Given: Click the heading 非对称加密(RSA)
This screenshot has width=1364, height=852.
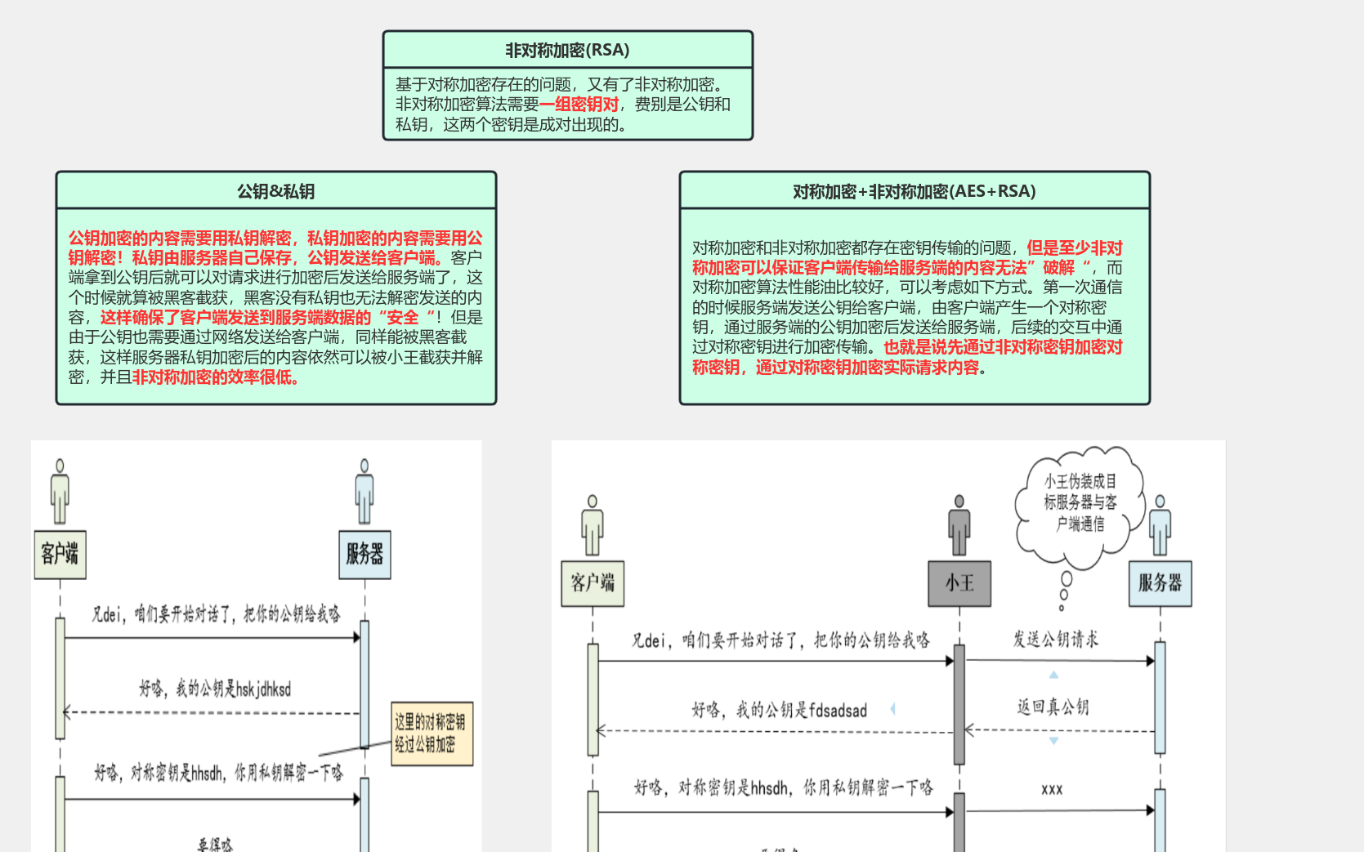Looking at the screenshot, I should coord(567,50).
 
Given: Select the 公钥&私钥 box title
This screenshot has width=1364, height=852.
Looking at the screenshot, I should coord(275,191).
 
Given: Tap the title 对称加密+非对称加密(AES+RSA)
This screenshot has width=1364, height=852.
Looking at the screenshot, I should coord(914,191).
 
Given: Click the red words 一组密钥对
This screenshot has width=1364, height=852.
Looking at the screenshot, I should coord(579,105).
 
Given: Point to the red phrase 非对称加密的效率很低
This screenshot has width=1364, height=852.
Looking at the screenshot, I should coord(216,377).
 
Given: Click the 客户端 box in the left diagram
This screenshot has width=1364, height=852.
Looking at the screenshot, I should coord(60,554).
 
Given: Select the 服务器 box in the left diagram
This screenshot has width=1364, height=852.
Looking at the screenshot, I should coord(364,554).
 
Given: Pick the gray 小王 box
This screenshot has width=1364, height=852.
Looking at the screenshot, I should coord(959,583).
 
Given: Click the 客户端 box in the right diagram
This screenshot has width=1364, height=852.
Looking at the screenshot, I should coord(593,583).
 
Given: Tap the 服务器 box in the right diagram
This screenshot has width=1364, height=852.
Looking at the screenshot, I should coord(1160,583).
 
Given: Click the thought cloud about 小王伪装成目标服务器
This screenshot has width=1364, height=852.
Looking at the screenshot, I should coord(1080,503).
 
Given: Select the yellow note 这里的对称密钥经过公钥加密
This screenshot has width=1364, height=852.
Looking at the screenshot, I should coord(432,734).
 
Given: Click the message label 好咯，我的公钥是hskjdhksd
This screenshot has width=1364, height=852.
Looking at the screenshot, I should coord(215,689).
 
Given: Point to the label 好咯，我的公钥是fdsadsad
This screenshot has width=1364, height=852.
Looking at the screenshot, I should coord(779,711).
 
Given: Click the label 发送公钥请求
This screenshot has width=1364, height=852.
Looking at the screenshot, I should coord(1055,640).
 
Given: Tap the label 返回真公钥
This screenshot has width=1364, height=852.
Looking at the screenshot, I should coord(1053,707).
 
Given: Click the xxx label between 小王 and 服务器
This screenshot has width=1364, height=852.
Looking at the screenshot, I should coord(1052,789).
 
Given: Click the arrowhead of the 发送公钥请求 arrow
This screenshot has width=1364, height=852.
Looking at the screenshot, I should coord(1151,661).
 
